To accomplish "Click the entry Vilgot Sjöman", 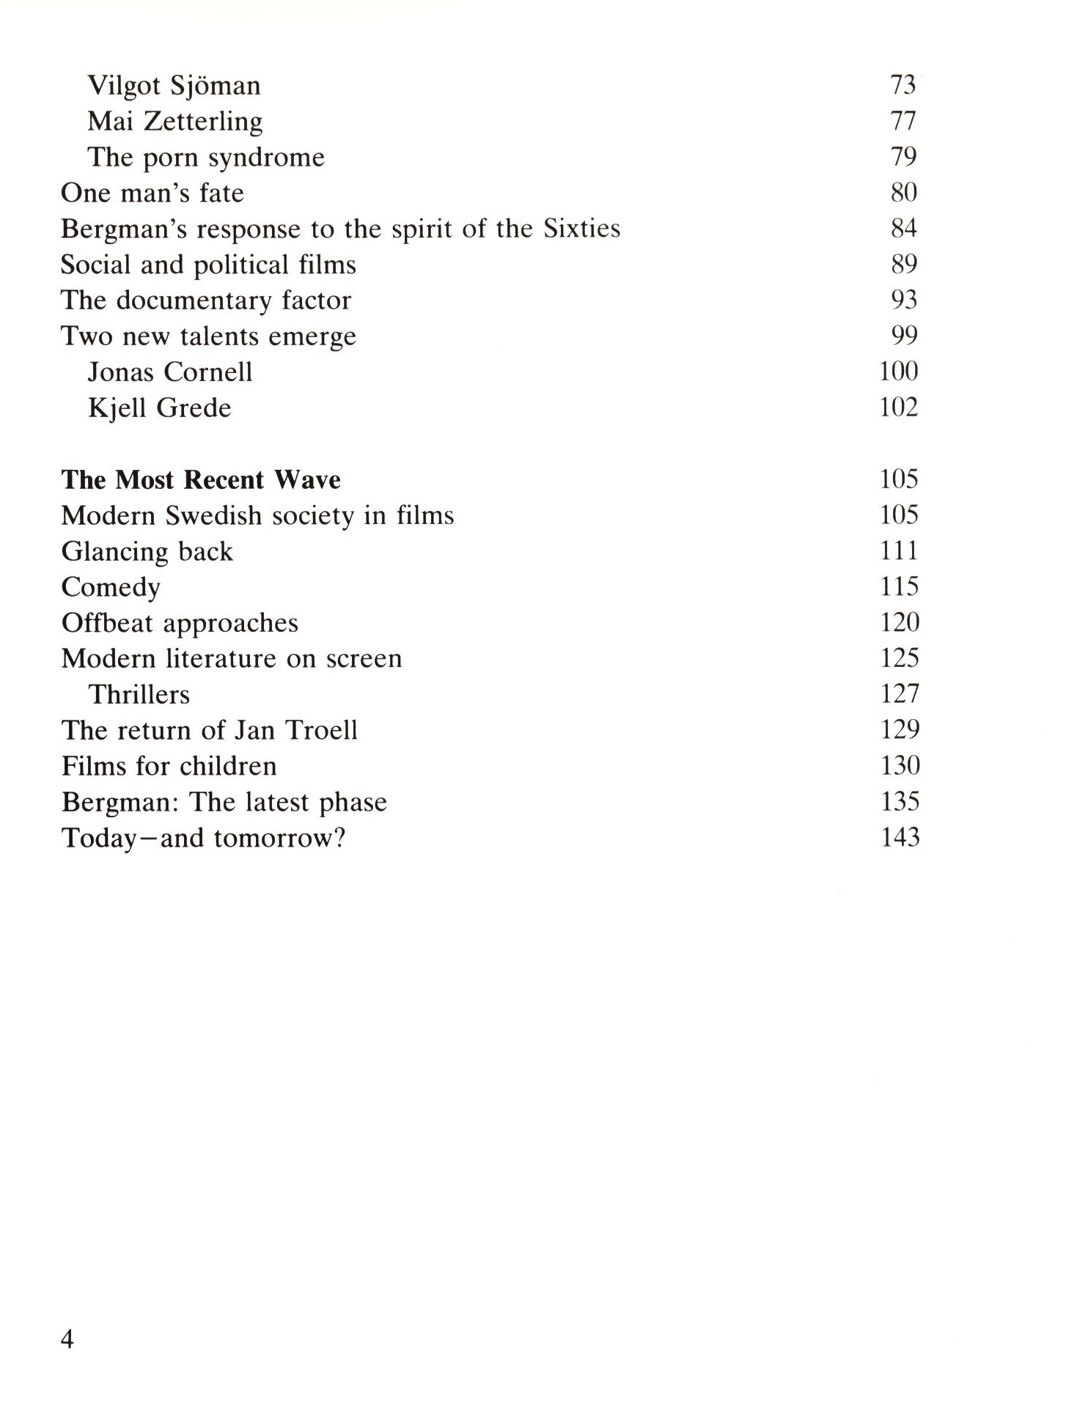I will point(174,86).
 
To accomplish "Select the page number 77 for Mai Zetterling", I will point(903,120).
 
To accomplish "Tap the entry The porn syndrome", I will point(206,158).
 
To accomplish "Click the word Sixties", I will point(581,229).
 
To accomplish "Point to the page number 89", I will point(903,264).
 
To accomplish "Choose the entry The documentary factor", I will point(206,301).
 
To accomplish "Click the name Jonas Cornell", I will point(170,372).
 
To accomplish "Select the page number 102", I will point(899,408).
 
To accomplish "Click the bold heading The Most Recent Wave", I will point(201,480).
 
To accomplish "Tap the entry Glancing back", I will point(147,552).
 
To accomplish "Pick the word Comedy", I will point(111,588).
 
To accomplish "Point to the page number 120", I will point(900,623).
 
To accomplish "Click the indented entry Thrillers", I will point(139,695).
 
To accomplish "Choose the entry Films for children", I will point(169,767).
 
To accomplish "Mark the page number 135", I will point(900,802).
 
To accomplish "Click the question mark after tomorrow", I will point(338,838).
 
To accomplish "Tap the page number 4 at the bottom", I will point(67,1339).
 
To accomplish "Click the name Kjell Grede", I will point(159,408).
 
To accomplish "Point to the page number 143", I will point(900,838).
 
